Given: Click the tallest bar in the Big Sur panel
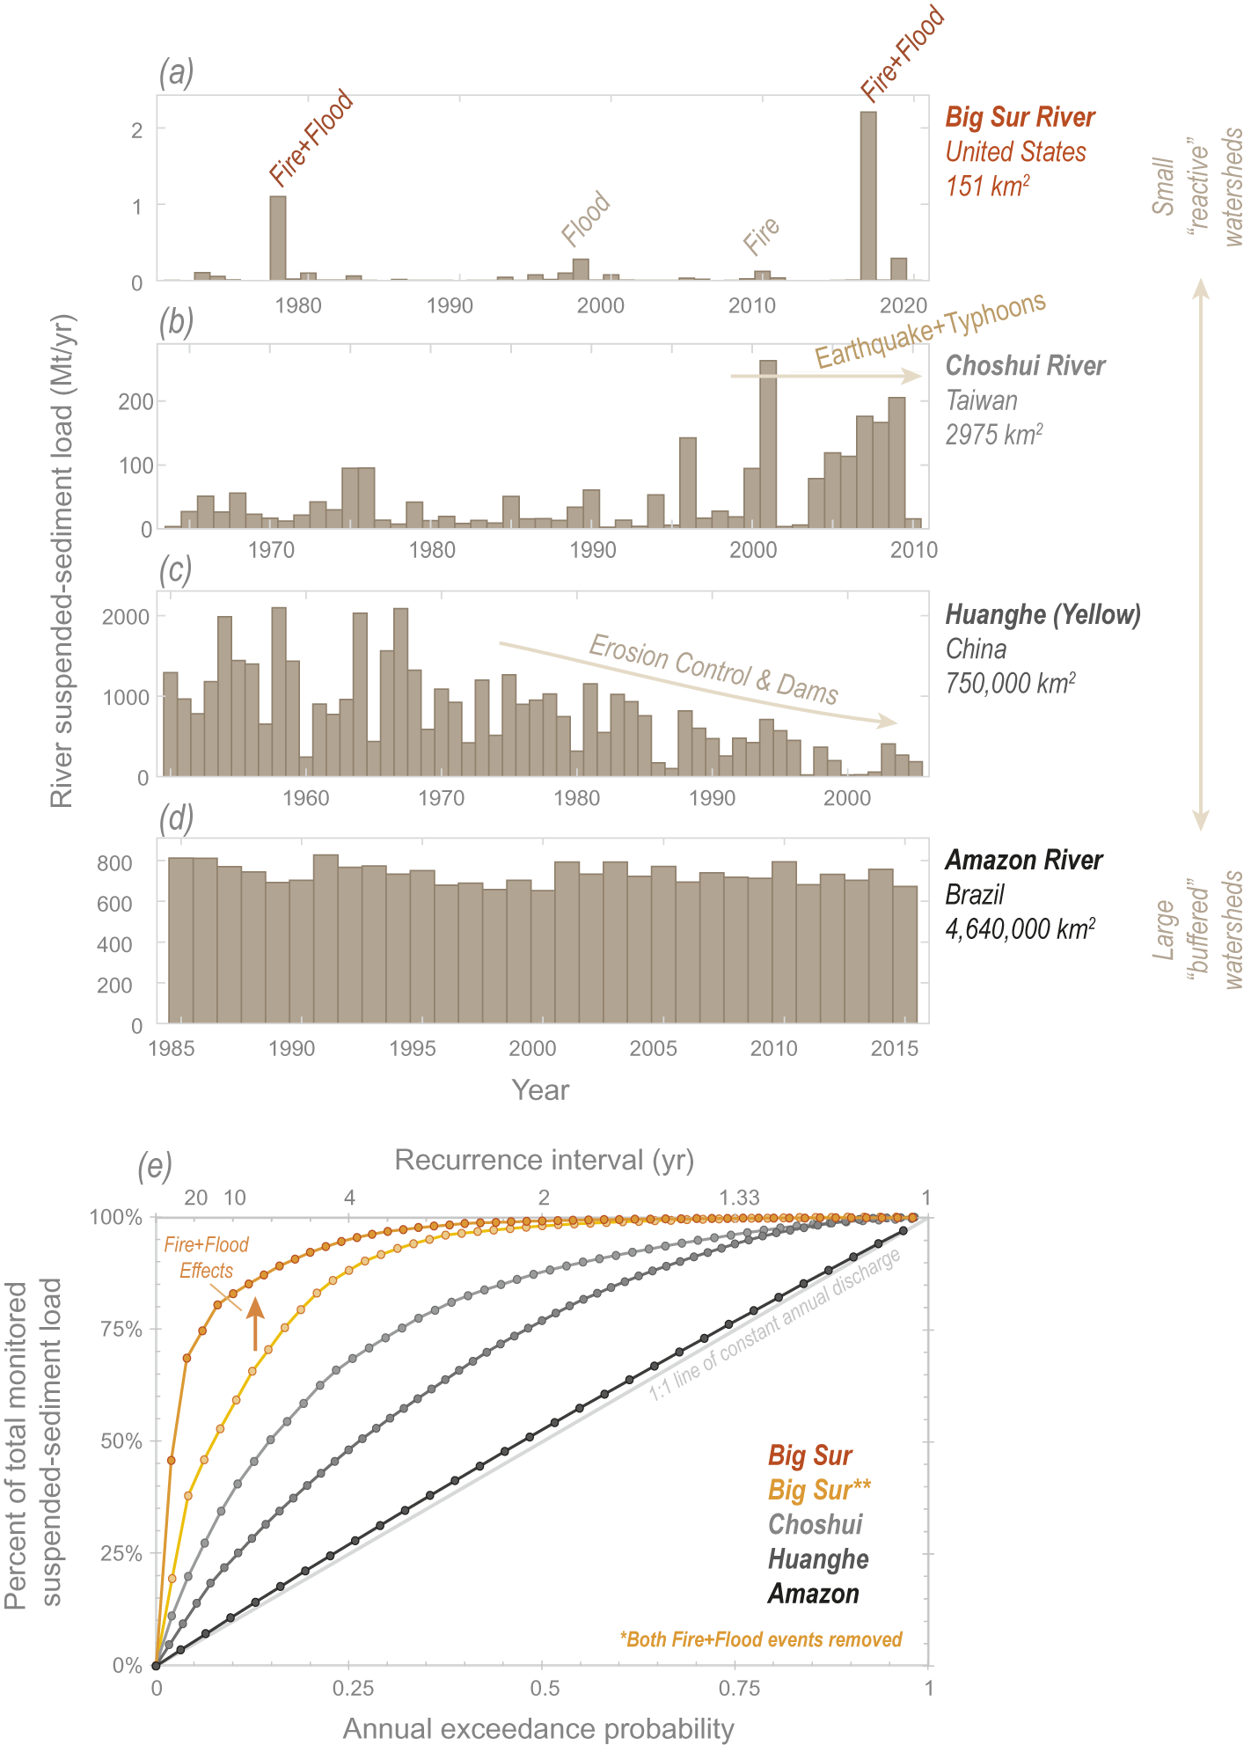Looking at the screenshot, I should pos(867,195).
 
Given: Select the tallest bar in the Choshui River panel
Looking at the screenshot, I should pos(768,444).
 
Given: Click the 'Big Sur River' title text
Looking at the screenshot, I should pos(1020,117).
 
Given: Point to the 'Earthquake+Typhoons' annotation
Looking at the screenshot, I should pos(930,330).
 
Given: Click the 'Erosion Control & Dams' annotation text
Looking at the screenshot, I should pos(713,669).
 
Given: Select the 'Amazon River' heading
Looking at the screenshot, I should pos(1023,860).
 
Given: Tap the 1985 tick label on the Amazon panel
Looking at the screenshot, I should pos(172,1048).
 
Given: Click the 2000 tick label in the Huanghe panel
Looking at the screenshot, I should pos(846,798).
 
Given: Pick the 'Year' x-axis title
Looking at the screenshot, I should pos(540,1090).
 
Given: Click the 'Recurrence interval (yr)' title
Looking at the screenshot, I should pos(544,1160).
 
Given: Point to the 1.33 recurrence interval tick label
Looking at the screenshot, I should pos(738,1198).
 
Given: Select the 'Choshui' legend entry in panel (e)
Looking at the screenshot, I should pos(815,1524).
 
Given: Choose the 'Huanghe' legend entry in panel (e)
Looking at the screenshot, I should pos(818,1559).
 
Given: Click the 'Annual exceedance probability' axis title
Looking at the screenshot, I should pos(538,1728).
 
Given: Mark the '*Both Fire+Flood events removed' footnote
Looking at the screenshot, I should pos(761,1639).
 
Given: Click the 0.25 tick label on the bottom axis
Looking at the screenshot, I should pos(353,1688).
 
